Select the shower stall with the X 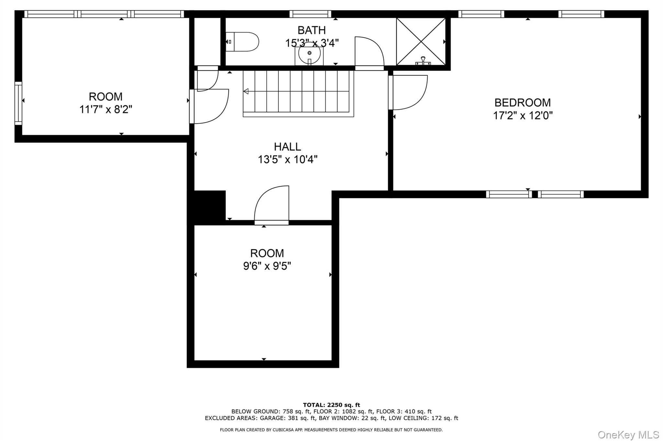click(x=421, y=41)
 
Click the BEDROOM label click(x=522, y=103)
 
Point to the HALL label click(x=287, y=147)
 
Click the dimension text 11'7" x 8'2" click(x=106, y=109)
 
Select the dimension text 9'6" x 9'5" click(x=267, y=266)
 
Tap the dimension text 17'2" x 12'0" click(x=523, y=116)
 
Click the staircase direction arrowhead click(x=246, y=91)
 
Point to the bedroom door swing click(x=408, y=93)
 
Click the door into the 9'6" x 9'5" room click(x=272, y=205)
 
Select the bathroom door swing click(x=369, y=53)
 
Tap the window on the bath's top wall click(x=310, y=14)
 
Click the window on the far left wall click(x=18, y=103)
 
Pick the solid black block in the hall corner click(x=209, y=205)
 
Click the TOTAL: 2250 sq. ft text click(x=331, y=405)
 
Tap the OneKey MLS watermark click(x=628, y=435)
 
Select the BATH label click(x=311, y=30)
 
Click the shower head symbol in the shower click(x=423, y=61)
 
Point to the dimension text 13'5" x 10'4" click(x=287, y=160)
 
